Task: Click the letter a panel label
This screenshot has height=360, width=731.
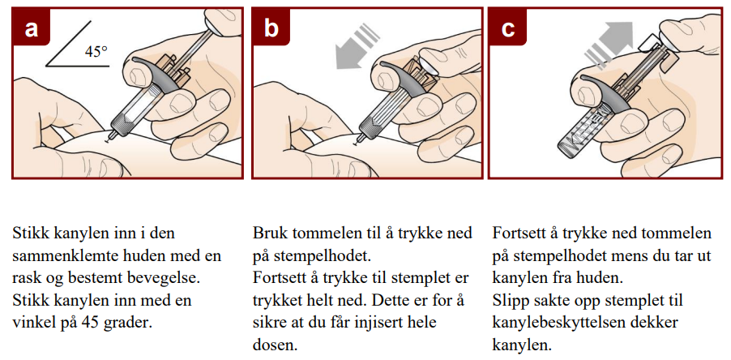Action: click(x=31, y=28)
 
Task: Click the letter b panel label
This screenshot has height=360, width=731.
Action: click(x=271, y=28)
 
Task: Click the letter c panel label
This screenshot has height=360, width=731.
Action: click(x=507, y=28)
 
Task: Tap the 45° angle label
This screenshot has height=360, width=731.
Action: click(x=96, y=51)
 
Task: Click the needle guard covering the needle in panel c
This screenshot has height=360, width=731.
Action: click(x=579, y=134)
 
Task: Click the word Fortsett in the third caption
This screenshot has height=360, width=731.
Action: click(x=518, y=233)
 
